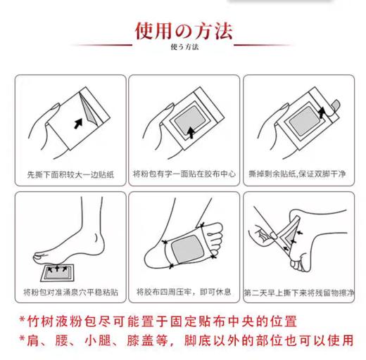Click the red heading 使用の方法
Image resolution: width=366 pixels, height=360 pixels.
point(184,32)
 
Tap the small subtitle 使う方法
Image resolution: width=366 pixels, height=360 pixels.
point(184,48)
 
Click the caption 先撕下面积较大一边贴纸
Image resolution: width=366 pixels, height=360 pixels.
point(69,173)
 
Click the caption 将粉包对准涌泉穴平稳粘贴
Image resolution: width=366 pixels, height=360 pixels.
point(69,292)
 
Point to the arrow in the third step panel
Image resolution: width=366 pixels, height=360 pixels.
point(323,111)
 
